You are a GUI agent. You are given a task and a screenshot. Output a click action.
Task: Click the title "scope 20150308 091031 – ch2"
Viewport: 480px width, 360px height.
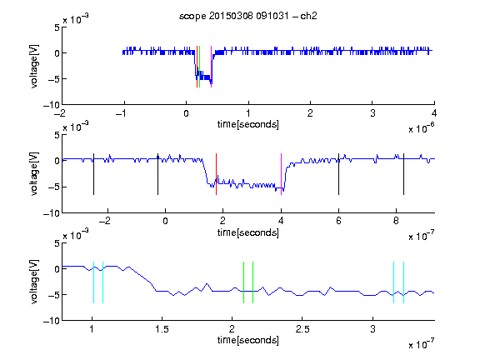[248, 16]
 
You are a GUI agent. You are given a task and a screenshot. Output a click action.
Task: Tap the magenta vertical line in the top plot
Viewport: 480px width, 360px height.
[211, 67]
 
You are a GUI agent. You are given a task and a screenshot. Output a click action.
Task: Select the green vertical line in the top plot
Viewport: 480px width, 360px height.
[200, 67]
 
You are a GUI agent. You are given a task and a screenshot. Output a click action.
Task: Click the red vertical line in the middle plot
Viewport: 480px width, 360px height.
[216, 174]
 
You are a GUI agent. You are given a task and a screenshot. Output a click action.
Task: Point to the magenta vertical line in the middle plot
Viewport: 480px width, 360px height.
[282, 174]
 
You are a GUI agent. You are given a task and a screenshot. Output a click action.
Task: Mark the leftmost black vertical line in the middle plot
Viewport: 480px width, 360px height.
[93, 174]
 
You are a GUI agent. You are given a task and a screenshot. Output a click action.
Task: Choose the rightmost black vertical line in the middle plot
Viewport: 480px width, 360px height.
[404, 174]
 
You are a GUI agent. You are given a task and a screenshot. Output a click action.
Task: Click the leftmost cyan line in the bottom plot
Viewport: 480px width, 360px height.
[93, 282]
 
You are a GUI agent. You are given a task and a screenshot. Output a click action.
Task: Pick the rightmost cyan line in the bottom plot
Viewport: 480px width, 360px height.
[404, 282]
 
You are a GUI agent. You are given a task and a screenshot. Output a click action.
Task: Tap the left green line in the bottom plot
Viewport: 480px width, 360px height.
[243, 282]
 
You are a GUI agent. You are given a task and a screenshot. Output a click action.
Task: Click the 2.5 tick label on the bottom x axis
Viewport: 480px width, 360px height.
[302, 329]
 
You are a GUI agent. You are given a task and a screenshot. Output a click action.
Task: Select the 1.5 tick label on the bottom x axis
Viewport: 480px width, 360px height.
[162, 329]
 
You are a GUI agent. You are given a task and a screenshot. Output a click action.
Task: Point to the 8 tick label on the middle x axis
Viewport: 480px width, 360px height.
[396, 221]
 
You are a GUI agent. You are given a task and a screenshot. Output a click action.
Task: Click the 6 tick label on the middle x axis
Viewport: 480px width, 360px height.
[338, 221]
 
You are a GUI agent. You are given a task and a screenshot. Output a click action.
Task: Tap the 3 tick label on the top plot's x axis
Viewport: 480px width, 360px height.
[372, 113]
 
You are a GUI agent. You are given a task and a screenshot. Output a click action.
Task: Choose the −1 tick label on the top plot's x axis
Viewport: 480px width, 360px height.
[122, 113]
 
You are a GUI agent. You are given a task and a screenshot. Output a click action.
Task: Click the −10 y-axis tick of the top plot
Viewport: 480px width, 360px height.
[51, 105]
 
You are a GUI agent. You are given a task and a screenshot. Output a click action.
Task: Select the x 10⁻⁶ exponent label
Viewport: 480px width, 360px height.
[422, 128]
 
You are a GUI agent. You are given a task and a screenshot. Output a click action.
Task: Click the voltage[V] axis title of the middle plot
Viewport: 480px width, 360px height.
[35, 174]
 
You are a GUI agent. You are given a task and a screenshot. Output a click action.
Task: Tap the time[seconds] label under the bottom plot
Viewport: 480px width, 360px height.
[248, 340]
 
